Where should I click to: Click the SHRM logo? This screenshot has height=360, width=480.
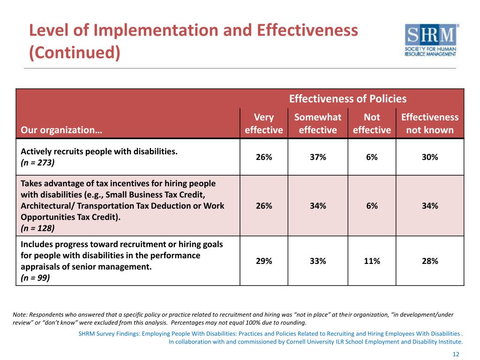pyautogui.click(x=430, y=40)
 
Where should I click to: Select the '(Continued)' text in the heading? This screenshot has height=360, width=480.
pyautogui.click(x=75, y=52)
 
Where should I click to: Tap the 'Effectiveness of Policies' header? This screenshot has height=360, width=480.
pyautogui.click(x=347, y=98)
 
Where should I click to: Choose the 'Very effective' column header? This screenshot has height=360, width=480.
pyautogui.click(x=264, y=123)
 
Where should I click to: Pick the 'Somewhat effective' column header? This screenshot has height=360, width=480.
pyautogui.click(x=318, y=123)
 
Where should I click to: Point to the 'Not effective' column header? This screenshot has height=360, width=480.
pyautogui.click(x=372, y=123)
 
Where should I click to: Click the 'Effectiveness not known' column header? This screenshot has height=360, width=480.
pyautogui.click(x=430, y=123)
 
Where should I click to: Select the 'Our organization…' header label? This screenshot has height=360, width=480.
pyautogui.click(x=61, y=130)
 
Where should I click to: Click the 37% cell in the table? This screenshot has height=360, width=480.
pyautogui.click(x=318, y=157)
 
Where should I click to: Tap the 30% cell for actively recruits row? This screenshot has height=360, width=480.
pyautogui.click(x=430, y=157)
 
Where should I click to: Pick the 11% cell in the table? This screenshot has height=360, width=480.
pyautogui.click(x=372, y=261)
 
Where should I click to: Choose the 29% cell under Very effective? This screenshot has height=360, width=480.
pyautogui.click(x=264, y=261)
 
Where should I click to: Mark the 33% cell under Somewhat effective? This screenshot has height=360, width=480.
pyautogui.click(x=318, y=261)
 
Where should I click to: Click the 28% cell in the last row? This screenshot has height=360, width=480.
pyautogui.click(x=430, y=261)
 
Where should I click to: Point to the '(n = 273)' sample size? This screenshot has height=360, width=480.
pyautogui.click(x=37, y=163)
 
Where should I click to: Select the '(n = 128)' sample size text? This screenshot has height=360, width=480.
pyautogui.click(x=37, y=228)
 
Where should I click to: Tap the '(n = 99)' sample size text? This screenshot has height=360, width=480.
pyautogui.click(x=36, y=278)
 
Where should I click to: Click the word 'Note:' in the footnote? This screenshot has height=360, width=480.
pyautogui.click(x=21, y=315)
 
